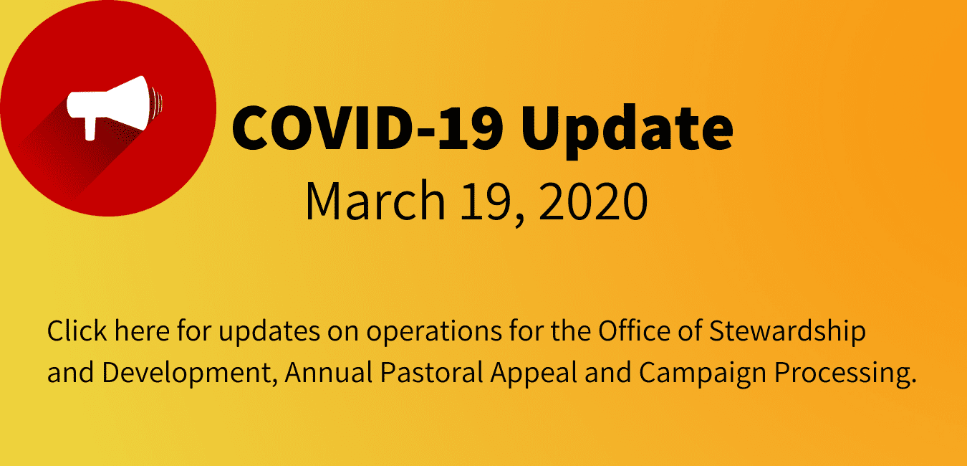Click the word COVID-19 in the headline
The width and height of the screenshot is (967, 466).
tap(367, 128)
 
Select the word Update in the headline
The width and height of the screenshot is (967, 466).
tap(627, 131)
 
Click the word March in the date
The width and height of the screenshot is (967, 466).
tap(375, 201)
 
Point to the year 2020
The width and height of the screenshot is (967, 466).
tap(593, 201)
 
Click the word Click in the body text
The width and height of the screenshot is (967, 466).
tap(77, 331)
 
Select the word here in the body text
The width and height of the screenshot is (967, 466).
tap(142, 331)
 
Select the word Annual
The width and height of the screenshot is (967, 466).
tap(329, 372)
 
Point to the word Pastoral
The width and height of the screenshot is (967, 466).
tap(432, 372)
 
